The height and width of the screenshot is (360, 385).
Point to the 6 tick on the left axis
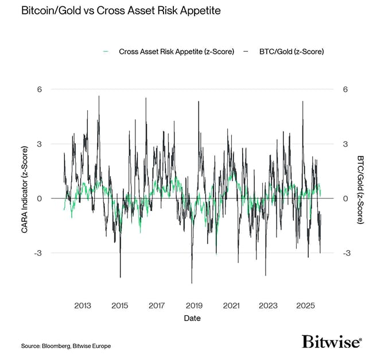click(x=40, y=89)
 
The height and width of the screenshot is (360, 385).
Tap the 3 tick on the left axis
click(x=40, y=144)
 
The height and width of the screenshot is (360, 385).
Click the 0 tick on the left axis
click(x=40, y=198)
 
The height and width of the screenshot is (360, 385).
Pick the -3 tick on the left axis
click(x=38, y=253)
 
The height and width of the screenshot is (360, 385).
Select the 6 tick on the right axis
click(x=345, y=89)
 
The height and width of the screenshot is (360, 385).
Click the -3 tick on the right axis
click(x=346, y=253)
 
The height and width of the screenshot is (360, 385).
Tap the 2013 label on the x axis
click(x=83, y=306)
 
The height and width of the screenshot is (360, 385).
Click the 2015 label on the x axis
click(x=120, y=306)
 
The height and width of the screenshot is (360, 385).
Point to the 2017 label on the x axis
click(x=157, y=306)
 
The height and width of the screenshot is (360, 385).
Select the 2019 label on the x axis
click(x=194, y=306)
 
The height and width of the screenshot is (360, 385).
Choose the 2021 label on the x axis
click(x=231, y=306)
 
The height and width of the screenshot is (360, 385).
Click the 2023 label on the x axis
click(x=268, y=306)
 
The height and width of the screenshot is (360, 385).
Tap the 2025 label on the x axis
click(x=305, y=306)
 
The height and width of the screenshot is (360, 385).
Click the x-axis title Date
click(x=192, y=318)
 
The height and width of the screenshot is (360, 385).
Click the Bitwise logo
click(x=332, y=342)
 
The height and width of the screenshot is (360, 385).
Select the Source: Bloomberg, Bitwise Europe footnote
click(x=66, y=346)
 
